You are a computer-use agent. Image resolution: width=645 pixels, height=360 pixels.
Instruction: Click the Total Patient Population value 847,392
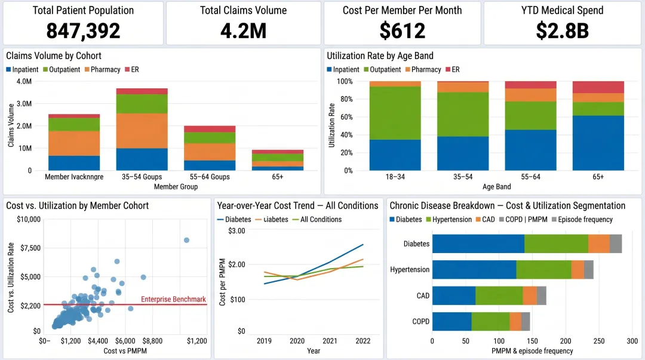coord(83,30)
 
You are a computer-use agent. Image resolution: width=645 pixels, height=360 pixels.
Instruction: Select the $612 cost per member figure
coord(402,30)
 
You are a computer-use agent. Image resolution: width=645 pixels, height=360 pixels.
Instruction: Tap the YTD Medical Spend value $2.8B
coord(563,30)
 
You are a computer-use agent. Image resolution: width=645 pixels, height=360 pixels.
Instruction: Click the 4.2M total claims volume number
coord(243,30)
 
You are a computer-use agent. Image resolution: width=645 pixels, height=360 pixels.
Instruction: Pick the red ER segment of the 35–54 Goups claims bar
coord(142,91)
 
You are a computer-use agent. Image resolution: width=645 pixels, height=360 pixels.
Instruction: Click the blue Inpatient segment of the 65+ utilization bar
coord(598,143)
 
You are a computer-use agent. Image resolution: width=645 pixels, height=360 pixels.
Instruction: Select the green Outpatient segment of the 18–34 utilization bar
coord(395,113)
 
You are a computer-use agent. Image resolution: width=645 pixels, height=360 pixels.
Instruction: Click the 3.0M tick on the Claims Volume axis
coord(23,104)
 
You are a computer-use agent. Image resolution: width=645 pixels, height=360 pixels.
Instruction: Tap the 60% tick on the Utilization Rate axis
coord(345,117)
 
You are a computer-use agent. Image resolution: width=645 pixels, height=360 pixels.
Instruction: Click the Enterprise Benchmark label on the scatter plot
coord(173,299)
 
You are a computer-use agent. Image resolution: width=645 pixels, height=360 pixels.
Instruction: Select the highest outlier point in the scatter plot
coord(186,240)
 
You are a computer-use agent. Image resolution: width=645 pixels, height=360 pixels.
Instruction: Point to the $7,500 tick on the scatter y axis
coord(28,248)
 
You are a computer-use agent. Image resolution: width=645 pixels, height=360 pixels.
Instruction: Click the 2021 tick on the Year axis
coord(330,341)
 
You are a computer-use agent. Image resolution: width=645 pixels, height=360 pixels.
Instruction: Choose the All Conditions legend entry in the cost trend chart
coord(321,220)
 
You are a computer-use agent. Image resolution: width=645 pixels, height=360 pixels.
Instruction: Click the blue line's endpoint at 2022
coord(363,244)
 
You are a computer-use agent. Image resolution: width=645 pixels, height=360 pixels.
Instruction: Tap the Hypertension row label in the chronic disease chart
coord(410,270)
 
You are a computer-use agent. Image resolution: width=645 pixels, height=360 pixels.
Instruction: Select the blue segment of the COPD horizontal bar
coord(451,321)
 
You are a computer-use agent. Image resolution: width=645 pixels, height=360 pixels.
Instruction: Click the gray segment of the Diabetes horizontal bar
coord(616,244)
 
